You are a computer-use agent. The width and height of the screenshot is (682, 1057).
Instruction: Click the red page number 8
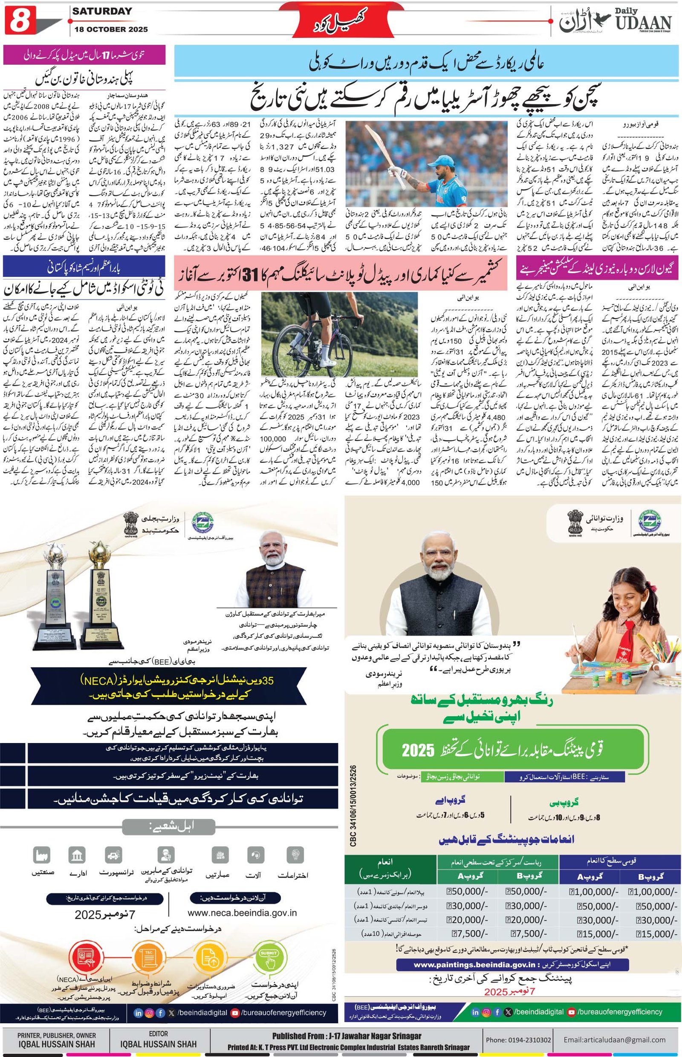click(20, 21)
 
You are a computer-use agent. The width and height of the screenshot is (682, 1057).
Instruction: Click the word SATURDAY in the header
click(102, 12)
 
